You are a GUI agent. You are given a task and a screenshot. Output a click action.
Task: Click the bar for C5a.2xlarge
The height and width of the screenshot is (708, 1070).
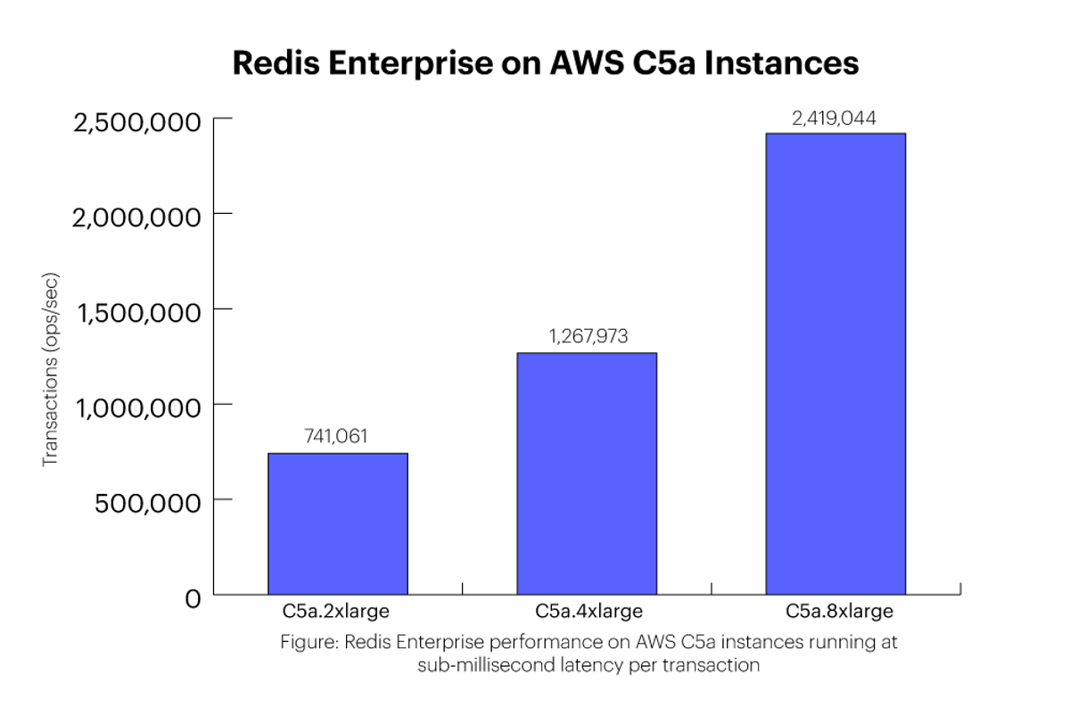338,523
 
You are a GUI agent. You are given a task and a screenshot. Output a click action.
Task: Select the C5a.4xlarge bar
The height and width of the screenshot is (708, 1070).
587,473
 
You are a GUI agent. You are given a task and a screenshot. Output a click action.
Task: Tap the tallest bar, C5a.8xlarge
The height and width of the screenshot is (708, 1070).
835,364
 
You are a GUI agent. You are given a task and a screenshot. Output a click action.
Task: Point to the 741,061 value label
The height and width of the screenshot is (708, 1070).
336,436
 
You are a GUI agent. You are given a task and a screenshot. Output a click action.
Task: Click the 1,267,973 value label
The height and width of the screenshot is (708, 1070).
588,336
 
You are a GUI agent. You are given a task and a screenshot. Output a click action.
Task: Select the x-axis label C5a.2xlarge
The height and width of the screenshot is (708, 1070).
336,613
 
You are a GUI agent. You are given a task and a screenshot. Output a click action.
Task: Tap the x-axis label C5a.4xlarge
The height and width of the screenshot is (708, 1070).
588,613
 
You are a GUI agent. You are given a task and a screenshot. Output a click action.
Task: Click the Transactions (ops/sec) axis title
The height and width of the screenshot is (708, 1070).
51,367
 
